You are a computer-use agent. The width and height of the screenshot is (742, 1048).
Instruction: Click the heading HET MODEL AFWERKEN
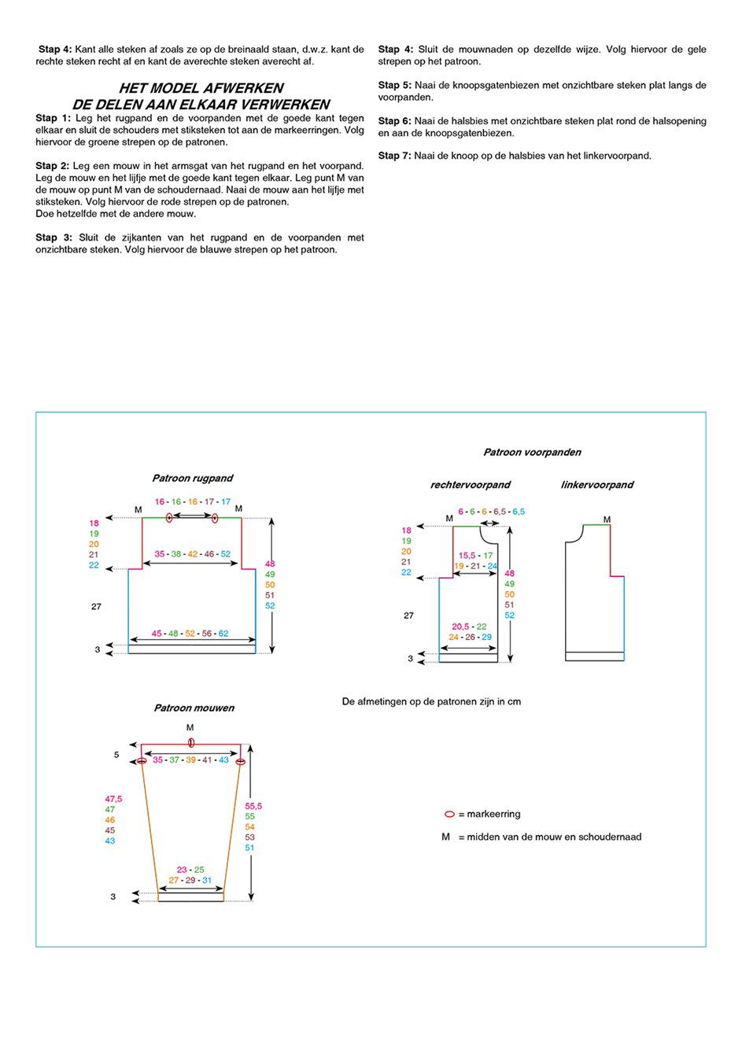tap(201, 88)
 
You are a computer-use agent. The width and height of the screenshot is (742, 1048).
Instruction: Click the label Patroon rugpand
tap(192, 478)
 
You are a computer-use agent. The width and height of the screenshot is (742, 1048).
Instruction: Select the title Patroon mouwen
tap(194, 708)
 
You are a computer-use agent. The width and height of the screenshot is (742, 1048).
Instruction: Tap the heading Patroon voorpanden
tap(532, 452)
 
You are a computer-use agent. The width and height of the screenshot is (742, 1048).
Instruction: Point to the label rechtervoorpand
tap(470, 485)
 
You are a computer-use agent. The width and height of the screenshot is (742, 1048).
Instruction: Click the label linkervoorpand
tap(596, 485)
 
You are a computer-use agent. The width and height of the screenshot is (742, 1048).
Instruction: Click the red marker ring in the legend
tap(449, 814)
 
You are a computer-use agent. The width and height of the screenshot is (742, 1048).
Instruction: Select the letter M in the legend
tap(445, 837)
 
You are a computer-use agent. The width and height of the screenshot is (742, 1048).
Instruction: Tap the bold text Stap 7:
tap(394, 156)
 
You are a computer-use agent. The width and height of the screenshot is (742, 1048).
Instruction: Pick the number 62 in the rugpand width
tap(223, 634)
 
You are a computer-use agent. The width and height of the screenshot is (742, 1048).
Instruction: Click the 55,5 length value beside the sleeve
tap(253, 806)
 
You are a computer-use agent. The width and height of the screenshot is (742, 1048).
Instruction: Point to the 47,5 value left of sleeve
tap(113, 799)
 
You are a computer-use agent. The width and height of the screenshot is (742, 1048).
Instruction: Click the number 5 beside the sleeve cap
tap(116, 755)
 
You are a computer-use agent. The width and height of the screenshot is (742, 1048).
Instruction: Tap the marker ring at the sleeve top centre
tap(191, 743)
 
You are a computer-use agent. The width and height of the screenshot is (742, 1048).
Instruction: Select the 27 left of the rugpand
tap(96, 607)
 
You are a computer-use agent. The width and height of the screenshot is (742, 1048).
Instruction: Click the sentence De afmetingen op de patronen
tap(431, 701)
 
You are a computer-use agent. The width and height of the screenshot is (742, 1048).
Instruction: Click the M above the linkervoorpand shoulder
tap(607, 520)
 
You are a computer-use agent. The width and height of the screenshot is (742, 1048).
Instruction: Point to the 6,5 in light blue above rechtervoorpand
tap(519, 512)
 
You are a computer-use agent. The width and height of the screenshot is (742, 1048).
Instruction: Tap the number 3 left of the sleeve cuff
tap(113, 897)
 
